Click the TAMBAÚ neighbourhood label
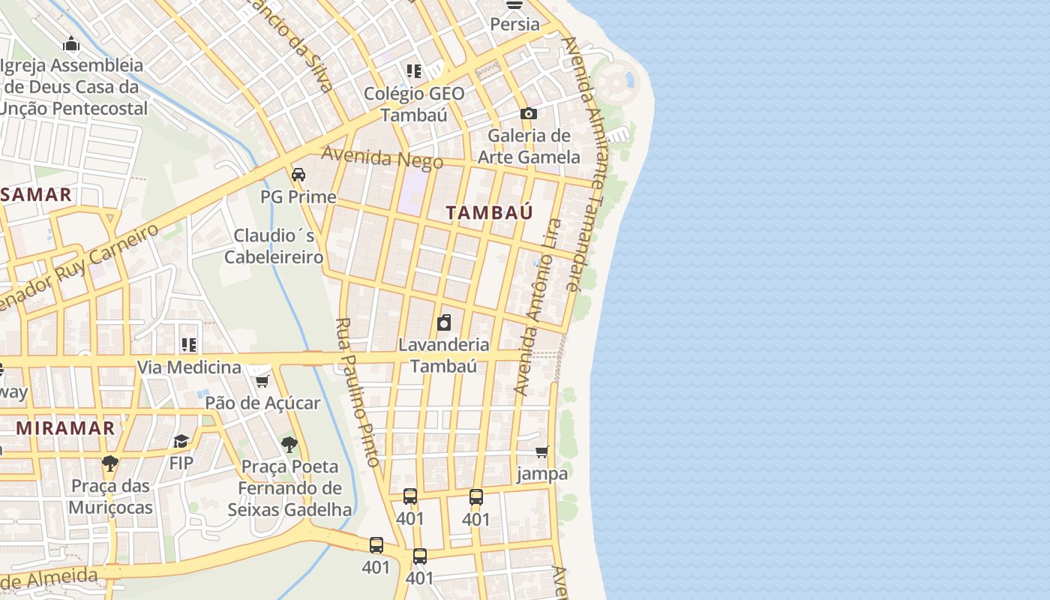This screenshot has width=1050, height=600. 489,212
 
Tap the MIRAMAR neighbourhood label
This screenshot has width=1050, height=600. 66,428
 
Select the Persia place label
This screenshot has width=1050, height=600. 514,24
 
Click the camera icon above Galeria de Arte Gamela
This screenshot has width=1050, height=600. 529,114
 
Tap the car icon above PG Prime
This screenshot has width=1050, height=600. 298,175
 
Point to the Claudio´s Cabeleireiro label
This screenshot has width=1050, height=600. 274,246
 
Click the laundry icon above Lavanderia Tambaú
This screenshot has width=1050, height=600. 444,323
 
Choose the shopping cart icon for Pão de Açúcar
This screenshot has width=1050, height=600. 262,381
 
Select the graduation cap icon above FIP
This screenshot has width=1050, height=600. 181,441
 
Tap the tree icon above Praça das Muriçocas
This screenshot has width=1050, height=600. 110,463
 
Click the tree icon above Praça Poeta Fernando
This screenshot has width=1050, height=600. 289,445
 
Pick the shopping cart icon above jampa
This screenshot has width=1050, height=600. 542,451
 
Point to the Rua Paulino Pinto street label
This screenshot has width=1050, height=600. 358,391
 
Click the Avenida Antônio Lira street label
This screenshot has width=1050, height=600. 538,307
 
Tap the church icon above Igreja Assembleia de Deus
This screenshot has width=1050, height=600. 71,43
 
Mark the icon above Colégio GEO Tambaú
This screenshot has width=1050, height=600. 414,71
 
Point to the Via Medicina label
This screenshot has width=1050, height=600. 189,367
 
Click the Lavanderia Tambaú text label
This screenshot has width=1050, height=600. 444,355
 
